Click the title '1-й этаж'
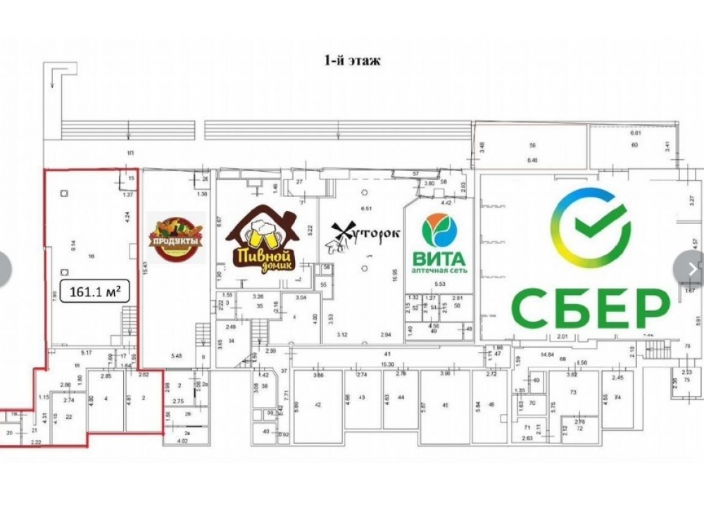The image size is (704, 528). pyautogui.click(x=352, y=61)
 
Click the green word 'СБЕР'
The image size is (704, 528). pyautogui.click(x=589, y=306)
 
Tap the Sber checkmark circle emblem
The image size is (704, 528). pyautogui.click(x=590, y=227)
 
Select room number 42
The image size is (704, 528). pyautogui.click(x=318, y=405)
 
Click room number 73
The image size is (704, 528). pyautogui.click(x=573, y=391)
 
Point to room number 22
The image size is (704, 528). pyautogui.click(x=69, y=417)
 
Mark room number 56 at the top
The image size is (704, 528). pyautogui.click(x=533, y=145)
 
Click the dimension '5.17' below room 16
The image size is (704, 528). pyautogui.click(x=87, y=352)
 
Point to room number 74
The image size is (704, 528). pyautogui.click(x=618, y=398)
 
